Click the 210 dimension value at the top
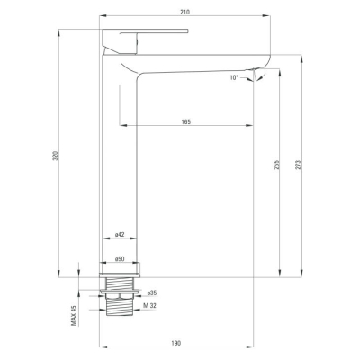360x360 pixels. click(185, 12)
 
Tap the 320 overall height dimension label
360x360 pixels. click(55, 156)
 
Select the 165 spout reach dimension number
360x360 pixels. click(186, 121)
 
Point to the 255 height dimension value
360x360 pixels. click(276, 165)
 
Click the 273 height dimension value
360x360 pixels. click(298, 165)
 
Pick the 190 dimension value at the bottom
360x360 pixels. click(176, 343)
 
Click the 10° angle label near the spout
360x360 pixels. click(234, 77)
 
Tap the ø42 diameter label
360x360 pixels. click(120, 235)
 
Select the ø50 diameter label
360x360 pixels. click(120, 258)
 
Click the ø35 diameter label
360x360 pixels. click(152, 292)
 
